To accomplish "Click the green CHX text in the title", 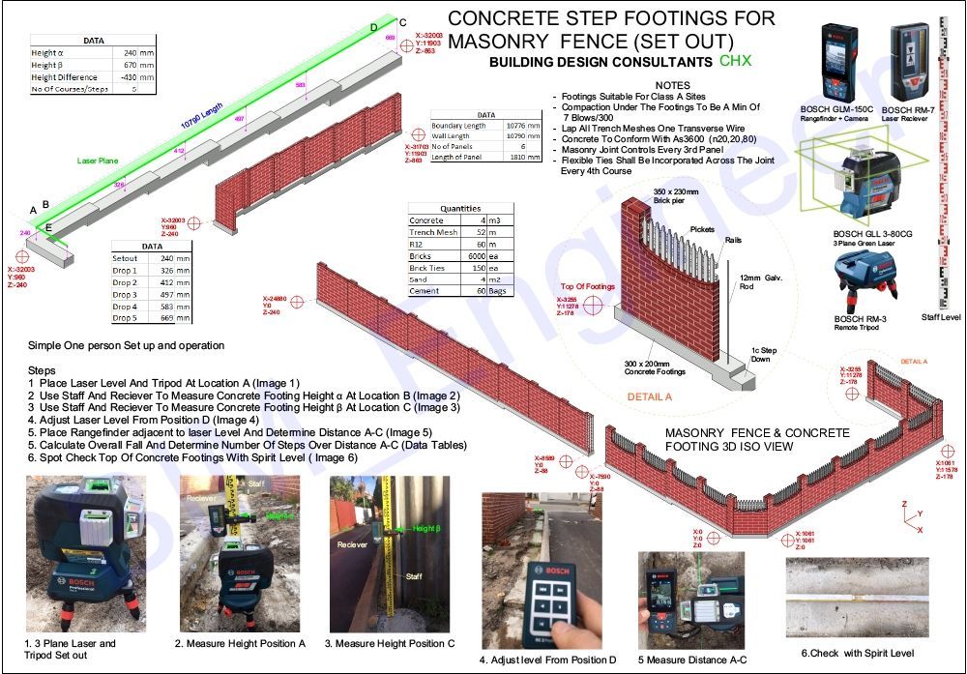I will [735, 61].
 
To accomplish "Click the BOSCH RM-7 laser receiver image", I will [908, 63].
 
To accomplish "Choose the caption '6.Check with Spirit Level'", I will [850, 653].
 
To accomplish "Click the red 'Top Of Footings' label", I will [587, 287].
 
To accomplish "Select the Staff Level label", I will [941, 316].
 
